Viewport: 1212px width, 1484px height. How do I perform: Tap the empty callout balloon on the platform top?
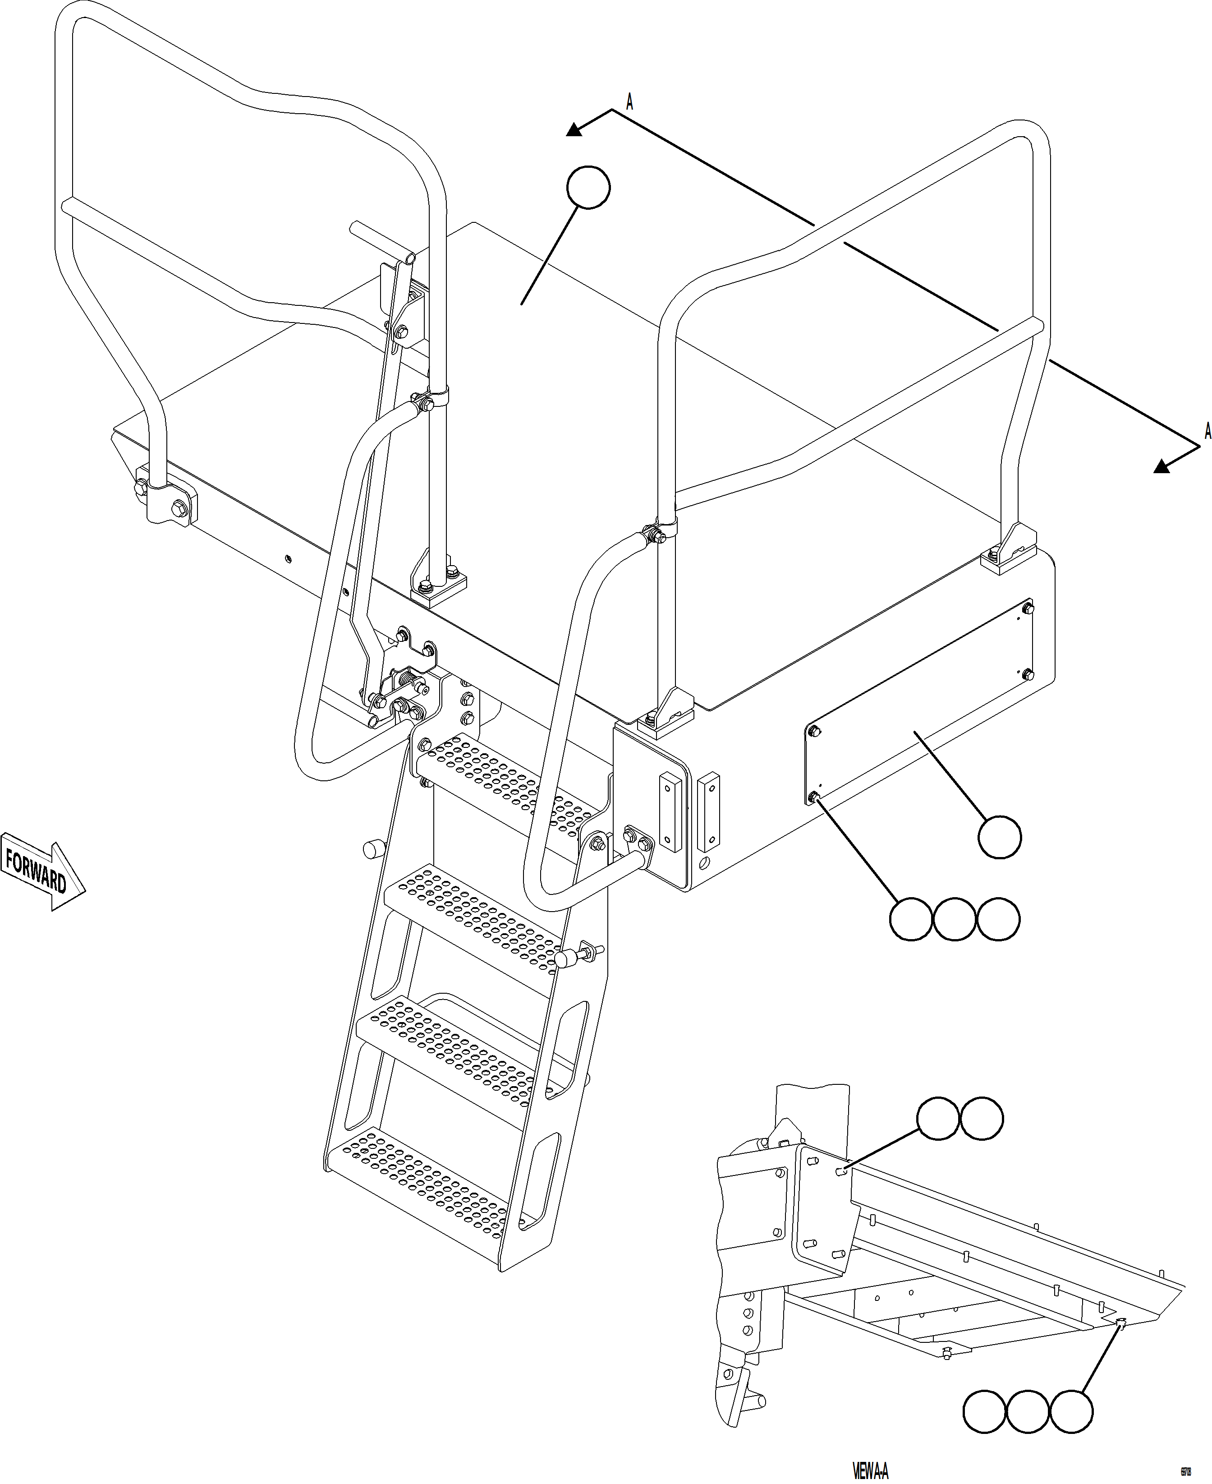point(588,187)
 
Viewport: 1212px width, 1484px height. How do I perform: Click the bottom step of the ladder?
point(419,1187)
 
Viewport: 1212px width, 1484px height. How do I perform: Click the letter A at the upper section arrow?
point(629,103)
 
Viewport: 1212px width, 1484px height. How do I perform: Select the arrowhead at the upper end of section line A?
point(574,129)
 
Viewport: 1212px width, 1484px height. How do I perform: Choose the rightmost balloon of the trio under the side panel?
point(998,919)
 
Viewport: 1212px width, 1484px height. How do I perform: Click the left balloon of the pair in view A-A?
point(937,1119)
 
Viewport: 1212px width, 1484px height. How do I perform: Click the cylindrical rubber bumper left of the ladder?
point(374,850)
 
